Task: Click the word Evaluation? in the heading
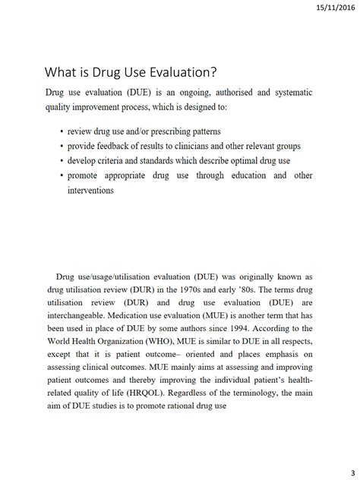[180, 73]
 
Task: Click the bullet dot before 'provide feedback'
[62, 146]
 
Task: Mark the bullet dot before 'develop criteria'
[62, 161]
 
